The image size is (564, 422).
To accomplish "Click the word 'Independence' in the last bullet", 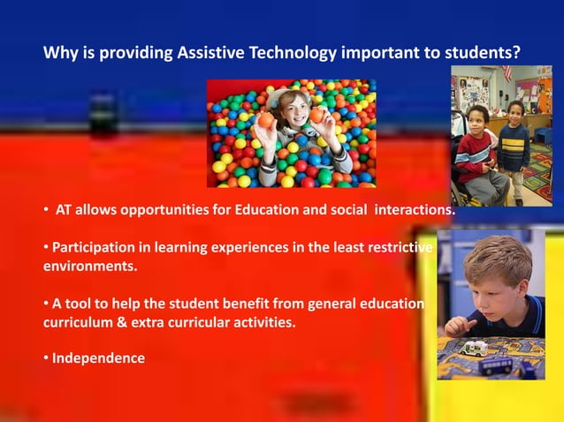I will click(x=98, y=358).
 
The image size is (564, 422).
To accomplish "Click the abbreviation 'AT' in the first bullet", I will click(x=63, y=211).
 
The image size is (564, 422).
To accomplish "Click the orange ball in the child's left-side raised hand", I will click(x=265, y=120).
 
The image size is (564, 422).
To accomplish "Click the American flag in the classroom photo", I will click(x=507, y=73).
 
